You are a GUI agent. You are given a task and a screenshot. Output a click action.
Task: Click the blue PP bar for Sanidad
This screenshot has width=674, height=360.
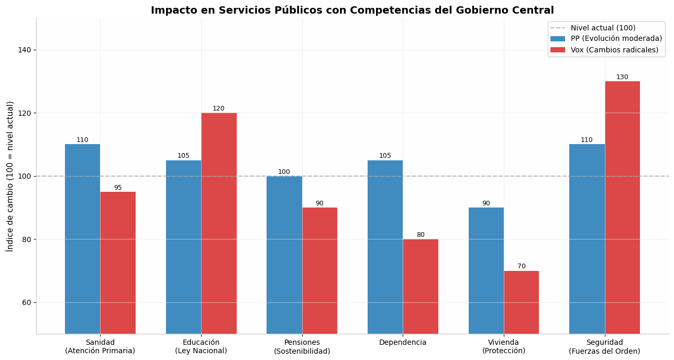82,239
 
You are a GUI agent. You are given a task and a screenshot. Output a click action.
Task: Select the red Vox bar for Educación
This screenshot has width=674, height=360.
219,223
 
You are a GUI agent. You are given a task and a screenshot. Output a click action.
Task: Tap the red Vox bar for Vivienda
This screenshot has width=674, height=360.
522,302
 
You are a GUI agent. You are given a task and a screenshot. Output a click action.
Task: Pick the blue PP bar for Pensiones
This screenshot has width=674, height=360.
284,255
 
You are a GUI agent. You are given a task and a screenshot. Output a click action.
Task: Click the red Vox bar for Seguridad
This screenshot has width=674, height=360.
622,208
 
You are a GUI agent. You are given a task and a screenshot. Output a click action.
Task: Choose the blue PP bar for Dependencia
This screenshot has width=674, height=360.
385,247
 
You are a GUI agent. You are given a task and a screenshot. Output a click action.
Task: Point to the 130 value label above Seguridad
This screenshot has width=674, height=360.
622,77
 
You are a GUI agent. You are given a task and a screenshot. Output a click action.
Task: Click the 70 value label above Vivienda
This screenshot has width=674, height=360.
522,266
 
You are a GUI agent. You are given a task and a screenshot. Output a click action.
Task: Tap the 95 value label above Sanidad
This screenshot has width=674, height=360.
118,188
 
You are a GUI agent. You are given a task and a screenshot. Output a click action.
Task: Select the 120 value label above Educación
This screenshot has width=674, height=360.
218,108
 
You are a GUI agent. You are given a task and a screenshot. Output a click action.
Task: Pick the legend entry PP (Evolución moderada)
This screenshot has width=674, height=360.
606,39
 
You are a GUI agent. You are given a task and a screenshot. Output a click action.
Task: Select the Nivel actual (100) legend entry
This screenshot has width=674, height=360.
593,28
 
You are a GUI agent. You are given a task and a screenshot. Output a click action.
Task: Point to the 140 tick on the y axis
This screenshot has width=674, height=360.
25,50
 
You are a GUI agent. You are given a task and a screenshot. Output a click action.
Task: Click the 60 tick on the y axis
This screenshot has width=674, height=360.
27,302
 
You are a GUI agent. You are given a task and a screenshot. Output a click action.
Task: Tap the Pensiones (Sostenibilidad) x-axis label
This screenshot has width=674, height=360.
302,346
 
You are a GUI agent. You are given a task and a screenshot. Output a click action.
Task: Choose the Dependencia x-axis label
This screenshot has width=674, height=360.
403,343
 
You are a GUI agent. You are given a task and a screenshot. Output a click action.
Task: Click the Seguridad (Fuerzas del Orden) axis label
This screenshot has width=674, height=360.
604,346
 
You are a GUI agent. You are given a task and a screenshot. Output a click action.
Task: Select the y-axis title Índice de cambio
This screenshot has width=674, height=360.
9,177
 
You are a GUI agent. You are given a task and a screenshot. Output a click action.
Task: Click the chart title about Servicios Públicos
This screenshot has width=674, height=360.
352,10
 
